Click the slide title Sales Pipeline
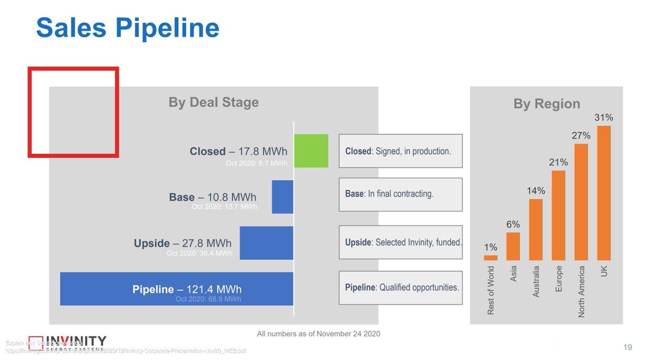point(127,28)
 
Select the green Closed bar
point(311,150)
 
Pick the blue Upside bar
point(266,243)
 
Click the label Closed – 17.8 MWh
point(238,152)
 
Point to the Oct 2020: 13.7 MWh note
point(224,207)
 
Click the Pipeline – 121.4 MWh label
point(187,290)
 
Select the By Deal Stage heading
point(213,102)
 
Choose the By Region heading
point(547,104)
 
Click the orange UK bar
point(604,193)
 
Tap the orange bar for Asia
point(513,247)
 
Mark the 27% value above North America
point(581,136)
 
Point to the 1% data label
point(490,247)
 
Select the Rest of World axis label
point(491,290)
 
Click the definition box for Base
point(400,194)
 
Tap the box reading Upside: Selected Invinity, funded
point(400,242)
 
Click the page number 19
point(627,347)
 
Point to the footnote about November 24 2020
point(318,333)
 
